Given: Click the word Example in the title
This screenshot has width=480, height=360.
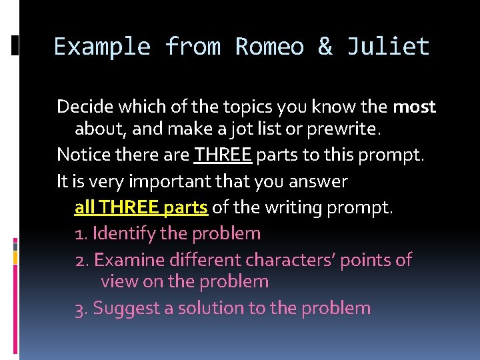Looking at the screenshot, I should tap(102, 47).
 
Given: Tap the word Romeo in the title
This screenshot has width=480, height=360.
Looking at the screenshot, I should tap(269, 47).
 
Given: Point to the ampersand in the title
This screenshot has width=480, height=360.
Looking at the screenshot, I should tap(325, 47).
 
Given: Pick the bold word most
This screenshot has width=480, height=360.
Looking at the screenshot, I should tap(414, 107).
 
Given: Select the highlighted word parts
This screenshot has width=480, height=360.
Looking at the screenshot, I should tap(185, 207).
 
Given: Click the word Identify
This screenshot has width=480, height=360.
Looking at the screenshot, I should tap(124, 233).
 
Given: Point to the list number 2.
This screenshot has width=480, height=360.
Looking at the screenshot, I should tap(80, 259).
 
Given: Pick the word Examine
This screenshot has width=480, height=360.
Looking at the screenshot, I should tap(127, 259).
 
